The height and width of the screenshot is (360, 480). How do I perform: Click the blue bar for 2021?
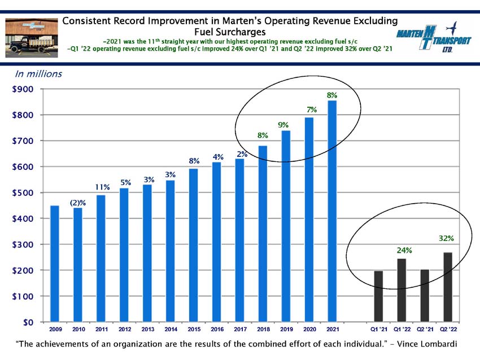pos(332,211)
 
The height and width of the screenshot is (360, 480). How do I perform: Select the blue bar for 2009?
pos(54,264)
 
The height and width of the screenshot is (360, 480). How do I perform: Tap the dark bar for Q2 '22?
pos(448,287)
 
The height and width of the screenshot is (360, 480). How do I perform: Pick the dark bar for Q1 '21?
pos(378,296)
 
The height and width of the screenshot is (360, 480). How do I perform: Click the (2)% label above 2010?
pos(78,203)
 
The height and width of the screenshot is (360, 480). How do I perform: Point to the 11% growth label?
pos(102,187)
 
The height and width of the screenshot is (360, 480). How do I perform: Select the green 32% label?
pos(446,238)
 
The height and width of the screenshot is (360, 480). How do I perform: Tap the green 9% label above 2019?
pos(283,125)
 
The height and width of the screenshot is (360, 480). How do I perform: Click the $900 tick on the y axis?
pos(23,89)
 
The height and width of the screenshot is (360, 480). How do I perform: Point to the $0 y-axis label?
pos(28,322)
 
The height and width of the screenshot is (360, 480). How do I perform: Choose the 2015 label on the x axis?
pos(194,330)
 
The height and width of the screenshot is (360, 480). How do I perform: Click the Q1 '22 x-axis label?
pos(402,330)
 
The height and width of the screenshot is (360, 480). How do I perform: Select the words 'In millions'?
pos(38,74)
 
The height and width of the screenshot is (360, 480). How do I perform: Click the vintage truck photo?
pos(32,38)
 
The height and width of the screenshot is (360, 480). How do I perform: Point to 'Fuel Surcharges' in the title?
pos(230,32)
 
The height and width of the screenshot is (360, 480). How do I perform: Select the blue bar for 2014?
pos(170,251)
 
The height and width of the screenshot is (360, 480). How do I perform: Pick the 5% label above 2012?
pos(125,183)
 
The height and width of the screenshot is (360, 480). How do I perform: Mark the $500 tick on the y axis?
pos(23,192)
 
